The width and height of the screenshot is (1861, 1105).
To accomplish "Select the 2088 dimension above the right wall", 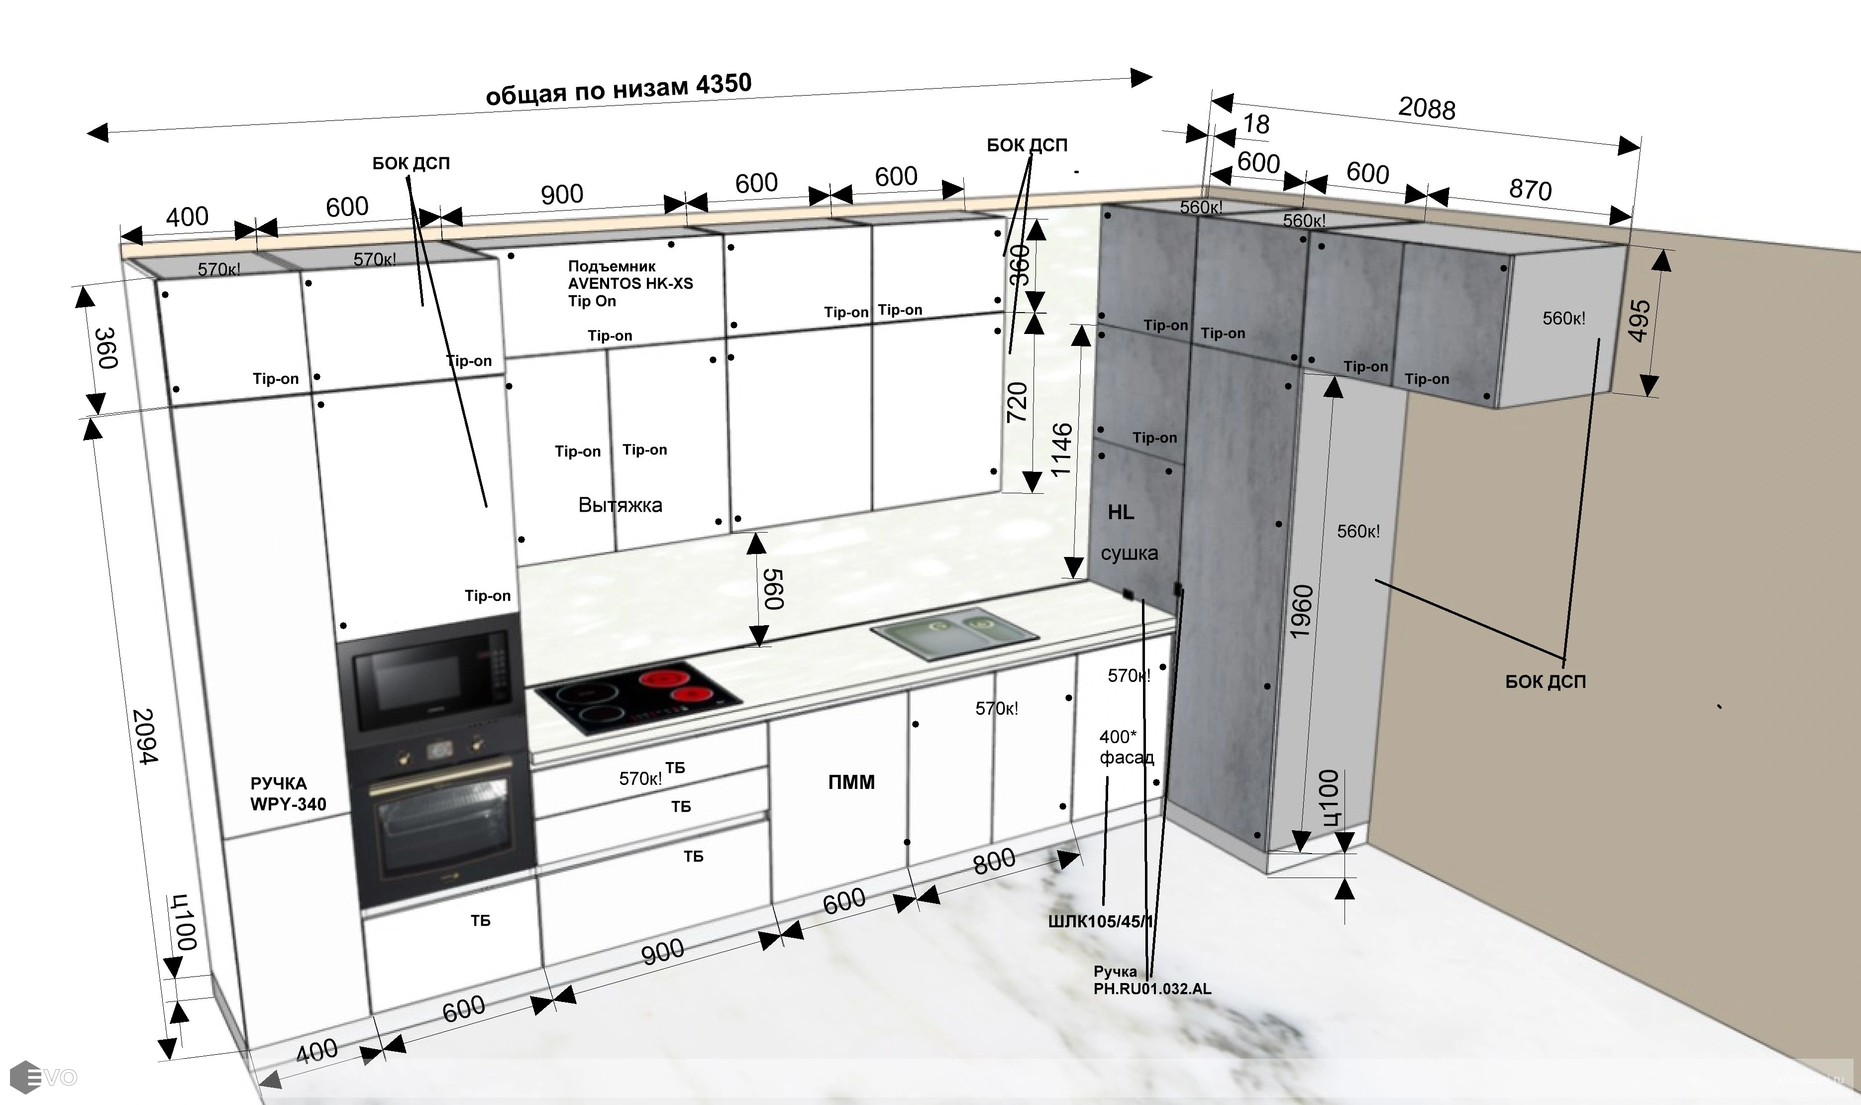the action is pos(1426,108).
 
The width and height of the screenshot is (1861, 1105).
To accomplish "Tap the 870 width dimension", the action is pos(1530,189).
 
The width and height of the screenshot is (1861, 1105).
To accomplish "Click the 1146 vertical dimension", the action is pos(1061,450).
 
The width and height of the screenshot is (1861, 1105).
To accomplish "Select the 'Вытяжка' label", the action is pos(620,505).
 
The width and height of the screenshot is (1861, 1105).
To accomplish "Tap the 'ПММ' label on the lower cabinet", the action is pos(851,782).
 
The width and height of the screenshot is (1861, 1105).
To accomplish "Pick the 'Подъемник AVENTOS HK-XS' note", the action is pos(630,275).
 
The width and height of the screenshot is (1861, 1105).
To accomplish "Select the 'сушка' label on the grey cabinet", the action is pos(1129,553).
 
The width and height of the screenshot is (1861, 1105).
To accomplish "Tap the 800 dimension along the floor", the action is pos(994,862).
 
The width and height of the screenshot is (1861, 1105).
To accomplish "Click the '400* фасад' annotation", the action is pos(1126,747).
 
